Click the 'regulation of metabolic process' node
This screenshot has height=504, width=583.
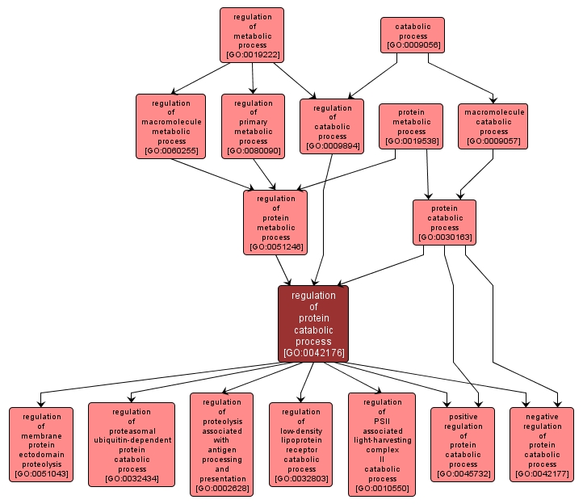pyautogui.click(x=252, y=36)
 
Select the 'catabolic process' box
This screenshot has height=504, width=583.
pyautogui.click(x=413, y=36)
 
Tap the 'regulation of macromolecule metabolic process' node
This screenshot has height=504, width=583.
pyautogui.click(x=170, y=126)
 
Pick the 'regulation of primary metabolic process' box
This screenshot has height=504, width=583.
pyautogui.click(x=253, y=126)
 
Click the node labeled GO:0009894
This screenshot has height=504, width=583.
pyautogui.click(x=332, y=126)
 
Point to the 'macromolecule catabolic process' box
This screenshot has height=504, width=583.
pyautogui.click(x=493, y=126)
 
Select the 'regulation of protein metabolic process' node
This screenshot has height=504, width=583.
pyautogui.click(x=275, y=222)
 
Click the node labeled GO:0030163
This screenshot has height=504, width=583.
pyautogui.click(x=444, y=222)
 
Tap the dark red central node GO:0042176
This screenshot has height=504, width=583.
pyautogui.click(x=313, y=323)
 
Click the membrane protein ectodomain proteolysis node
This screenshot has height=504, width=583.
pyautogui.click(x=41, y=444)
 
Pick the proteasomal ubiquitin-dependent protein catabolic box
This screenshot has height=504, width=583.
pyautogui.click(x=132, y=444)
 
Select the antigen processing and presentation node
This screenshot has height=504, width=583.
pyautogui.click(x=222, y=444)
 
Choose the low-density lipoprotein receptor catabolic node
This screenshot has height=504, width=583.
pyautogui.click(x=301, y=444)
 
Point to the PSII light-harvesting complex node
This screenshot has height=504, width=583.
pyautogui.click(x=382, y=444)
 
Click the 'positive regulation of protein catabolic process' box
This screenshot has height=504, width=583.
pyautogui.click(x=463, y=444)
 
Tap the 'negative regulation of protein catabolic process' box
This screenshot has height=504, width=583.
pyautogui.click(x=542, y=444)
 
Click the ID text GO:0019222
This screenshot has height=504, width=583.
pyautogui.click(x=252, y=55)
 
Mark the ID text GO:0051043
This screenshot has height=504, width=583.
pyautogui.click(x=41, y=474)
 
